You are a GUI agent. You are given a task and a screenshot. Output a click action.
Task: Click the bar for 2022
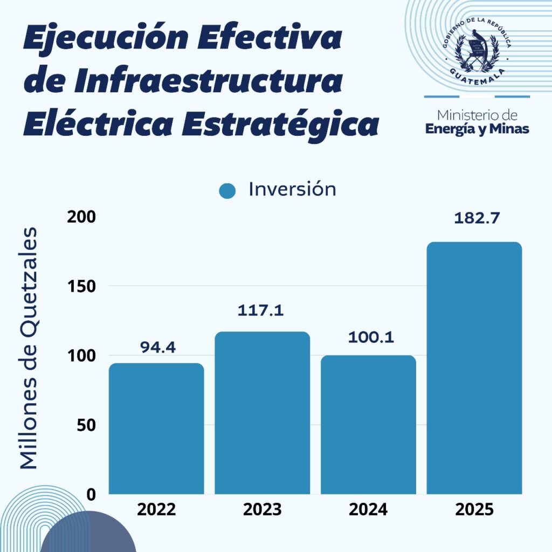[x=156, y=429]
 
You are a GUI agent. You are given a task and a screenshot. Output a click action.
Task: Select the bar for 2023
[x=263, y=412]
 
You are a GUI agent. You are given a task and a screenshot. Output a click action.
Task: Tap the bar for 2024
[x=368, y=424]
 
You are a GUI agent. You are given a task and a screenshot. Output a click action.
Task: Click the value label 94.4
[x=158, y=347]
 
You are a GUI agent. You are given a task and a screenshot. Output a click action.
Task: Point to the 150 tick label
[x=81, y=286]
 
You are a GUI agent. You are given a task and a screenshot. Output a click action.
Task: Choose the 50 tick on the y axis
[x=86, y=425]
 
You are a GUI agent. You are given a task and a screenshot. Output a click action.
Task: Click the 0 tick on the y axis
[x=91, y=494]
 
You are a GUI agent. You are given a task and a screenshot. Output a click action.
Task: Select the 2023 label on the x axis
[x=263, y=509]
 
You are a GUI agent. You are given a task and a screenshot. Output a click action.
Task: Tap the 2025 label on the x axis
[x=474, y=509]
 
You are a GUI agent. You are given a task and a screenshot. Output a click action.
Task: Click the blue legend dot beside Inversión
[x=228, y=191]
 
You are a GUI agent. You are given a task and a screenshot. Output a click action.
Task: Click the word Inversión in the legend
[x=292, y=189]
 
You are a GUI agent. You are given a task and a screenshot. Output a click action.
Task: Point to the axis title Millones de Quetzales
[x=29, y=348]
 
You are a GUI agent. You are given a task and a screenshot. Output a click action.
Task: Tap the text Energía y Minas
[x=477, y=129]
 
